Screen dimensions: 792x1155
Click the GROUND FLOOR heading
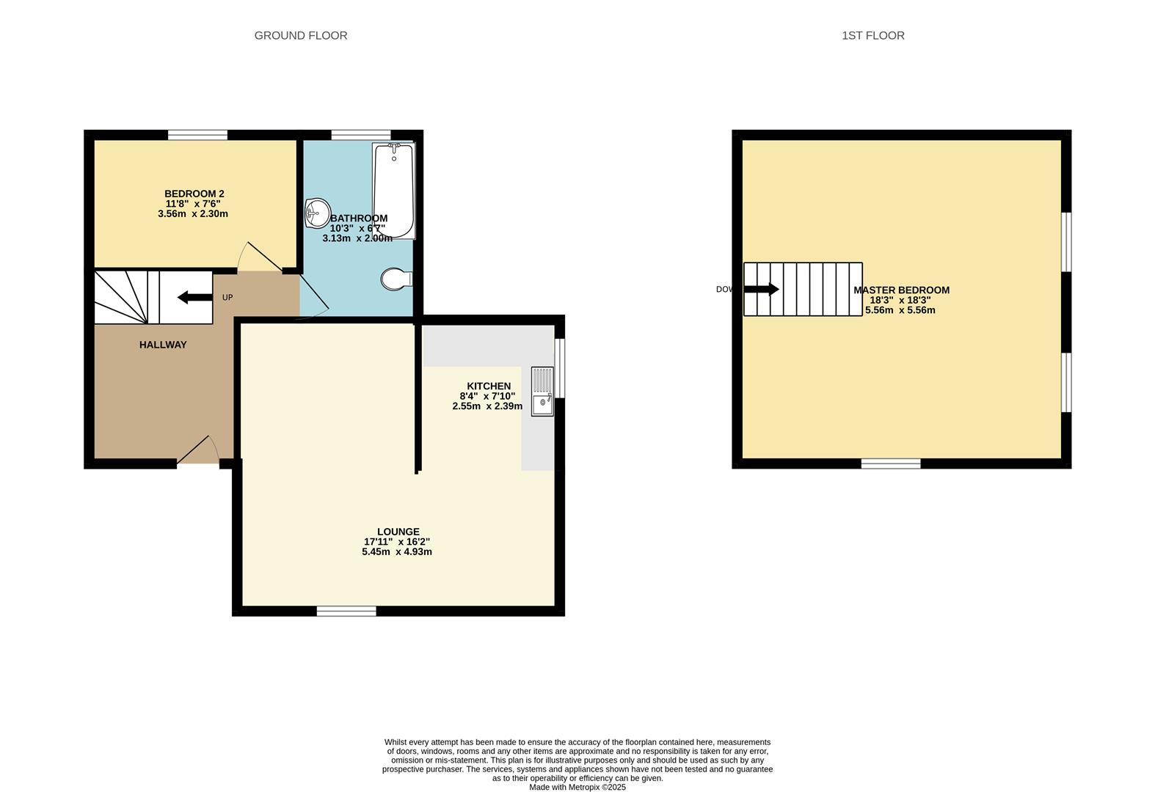click(300, 35)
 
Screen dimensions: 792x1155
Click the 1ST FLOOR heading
click(872, 35)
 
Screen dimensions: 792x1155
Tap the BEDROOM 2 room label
click(194, 194)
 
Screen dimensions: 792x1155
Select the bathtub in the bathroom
click(394, 191)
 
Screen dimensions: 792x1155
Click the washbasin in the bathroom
click(317, 213)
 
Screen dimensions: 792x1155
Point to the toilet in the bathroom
click(396, 279)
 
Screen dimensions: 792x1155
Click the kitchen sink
click(543, 392)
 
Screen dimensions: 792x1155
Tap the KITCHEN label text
click(489, 386)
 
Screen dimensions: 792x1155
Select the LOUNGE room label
click(398, 532)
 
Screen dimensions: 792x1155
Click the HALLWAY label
click(163, 345)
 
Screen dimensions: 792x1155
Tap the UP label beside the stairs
click(227, 298)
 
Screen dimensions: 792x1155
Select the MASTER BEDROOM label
click(901, 290)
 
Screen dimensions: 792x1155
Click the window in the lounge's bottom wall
click(346, 611)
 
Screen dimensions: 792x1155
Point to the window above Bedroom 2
click(197, 135)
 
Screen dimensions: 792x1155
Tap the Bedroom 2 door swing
click(259, 258)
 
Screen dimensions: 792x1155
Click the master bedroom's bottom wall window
click(890, 463)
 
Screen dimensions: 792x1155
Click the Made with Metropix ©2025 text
click(577, 787)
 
